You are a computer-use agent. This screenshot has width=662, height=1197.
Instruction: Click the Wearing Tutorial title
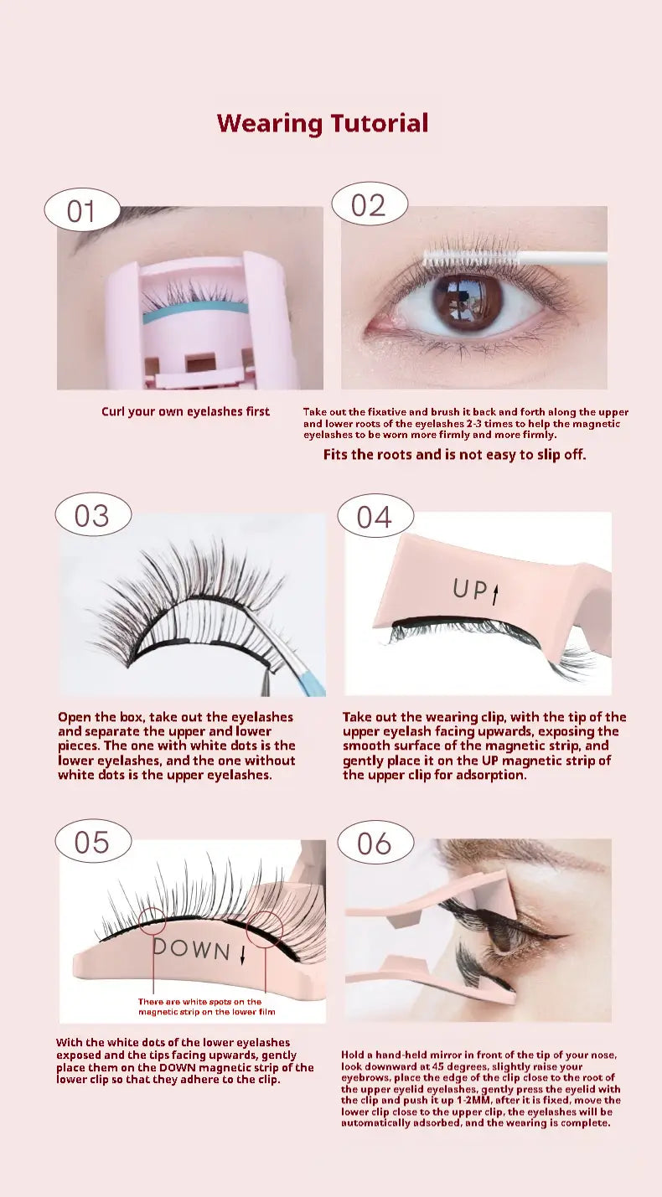point(323,124)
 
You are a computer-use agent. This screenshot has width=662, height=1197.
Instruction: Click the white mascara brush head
point(471,257)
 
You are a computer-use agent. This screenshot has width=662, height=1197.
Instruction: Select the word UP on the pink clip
point(470,589)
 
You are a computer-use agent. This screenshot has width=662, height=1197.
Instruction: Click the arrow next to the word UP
point(495,594)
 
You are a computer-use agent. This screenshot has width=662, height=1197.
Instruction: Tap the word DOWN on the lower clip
point(191,949)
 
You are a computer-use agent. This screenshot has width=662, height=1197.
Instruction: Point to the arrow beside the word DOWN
point(242,954)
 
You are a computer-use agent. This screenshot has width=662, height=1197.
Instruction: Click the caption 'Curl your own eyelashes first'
point(185,411)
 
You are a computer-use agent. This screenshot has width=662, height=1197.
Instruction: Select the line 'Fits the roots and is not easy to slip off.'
point(454,455)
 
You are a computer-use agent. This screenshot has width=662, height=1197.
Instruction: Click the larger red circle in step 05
point(246,930)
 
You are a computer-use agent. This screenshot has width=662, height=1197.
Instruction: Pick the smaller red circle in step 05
point(140,921)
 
